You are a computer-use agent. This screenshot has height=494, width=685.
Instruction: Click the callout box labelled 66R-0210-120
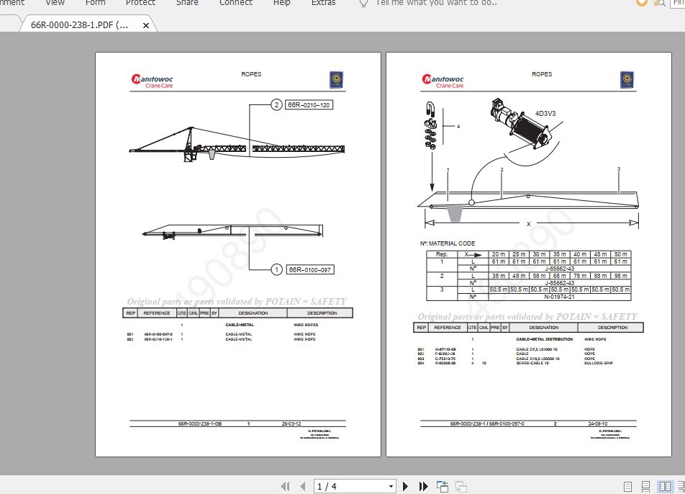(309, 105)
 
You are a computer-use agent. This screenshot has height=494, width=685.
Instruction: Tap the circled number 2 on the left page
(276, 105)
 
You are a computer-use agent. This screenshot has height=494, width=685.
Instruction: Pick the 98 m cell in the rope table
(620, 276)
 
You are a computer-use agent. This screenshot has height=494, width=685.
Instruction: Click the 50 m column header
(620, 254)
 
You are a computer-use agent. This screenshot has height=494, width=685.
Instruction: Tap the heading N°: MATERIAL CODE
(447, 243)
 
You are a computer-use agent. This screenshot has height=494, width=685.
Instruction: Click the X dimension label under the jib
(529, 224)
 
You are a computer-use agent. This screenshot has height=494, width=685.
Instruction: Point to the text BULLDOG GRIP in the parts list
(599, 364)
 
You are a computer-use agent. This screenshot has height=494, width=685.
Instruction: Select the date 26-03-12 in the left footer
(291, 424)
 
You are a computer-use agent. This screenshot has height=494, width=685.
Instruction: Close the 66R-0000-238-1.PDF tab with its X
(146, 26)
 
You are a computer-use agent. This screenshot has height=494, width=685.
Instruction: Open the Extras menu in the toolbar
(323, 3)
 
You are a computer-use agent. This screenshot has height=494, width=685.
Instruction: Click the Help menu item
(282, 3)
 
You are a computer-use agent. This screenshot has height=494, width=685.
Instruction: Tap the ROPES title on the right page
(542, 74)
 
